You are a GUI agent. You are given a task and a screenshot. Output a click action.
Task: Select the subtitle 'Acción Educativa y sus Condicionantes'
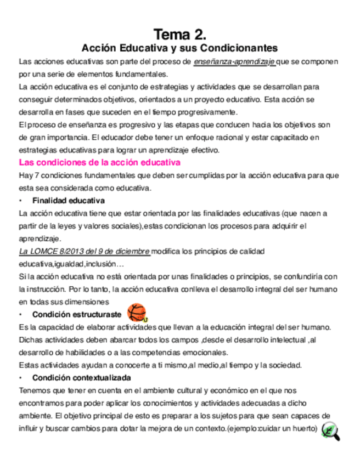[179, 48]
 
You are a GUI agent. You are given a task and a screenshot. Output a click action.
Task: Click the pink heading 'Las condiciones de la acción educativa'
[100, 162]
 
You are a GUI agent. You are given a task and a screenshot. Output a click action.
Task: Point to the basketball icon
[137, 313]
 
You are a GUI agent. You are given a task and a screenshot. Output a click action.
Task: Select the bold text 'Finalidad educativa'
[69, 200]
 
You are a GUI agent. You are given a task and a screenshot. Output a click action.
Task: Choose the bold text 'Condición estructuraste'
[77, 314]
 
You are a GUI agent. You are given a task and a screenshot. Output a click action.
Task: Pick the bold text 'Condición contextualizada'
[81, 378]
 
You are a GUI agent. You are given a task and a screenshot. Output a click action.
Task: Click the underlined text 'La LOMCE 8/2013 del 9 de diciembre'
[84, 251]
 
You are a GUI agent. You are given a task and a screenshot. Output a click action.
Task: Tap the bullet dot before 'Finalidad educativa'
[21, 200]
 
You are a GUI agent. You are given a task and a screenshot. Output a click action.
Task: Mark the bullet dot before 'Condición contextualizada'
[21, 378]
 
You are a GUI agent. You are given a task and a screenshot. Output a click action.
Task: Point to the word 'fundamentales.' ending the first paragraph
[143, 74]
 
